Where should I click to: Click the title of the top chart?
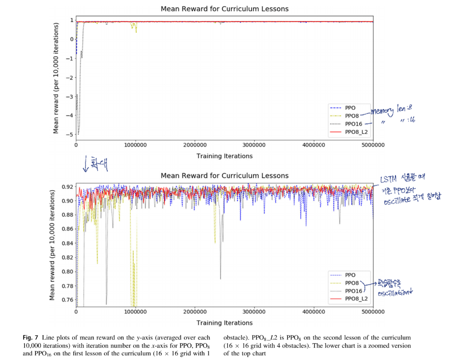(x=224, y=9)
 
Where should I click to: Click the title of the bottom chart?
(x=224, y=175)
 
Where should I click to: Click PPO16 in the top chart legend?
(x=353, y=124)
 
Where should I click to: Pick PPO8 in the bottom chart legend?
(x=352, y=283)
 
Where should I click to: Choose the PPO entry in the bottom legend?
(x=351, y=274)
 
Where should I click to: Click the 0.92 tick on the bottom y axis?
(x=67, y=187)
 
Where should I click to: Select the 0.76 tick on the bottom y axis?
(x=67, y=300)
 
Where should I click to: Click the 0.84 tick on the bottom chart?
(x=67, y=243)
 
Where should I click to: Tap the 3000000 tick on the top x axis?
(x=254, y=145)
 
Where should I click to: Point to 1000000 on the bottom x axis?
(x=135, y=312)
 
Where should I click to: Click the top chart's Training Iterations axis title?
(x=224, y=156)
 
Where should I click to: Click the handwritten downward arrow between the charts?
(x=86, y=163)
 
